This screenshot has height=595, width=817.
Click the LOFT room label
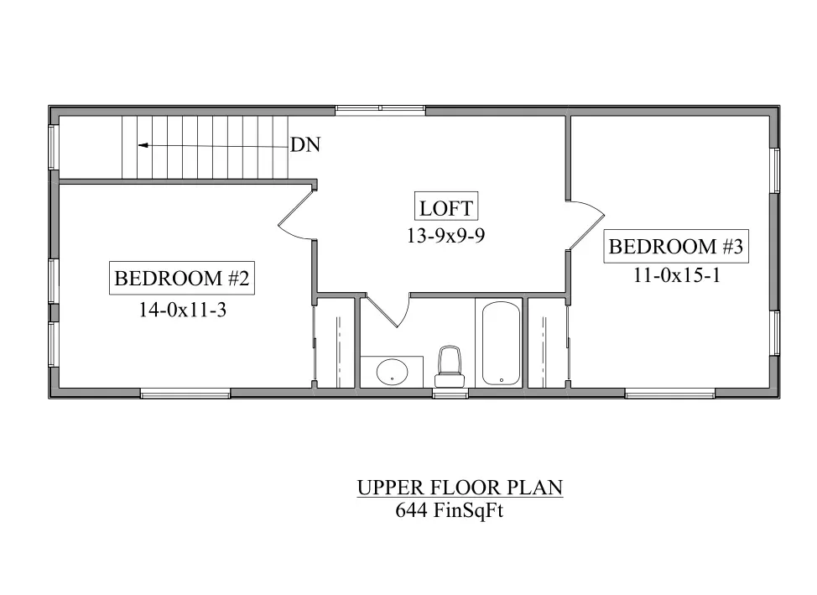click(446, 208)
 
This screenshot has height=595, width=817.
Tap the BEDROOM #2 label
click(182, 278)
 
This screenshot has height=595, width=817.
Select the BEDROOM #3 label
click(676, 246)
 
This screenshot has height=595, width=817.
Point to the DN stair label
click(304, 144)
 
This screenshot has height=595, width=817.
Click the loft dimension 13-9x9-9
click(446, 236)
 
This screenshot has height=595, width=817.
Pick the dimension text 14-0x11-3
click(182, 311)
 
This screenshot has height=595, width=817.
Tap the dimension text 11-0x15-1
click(677, 274)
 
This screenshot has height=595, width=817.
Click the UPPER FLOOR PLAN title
click(460, 487)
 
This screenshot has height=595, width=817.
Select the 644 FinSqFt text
click(449, 510)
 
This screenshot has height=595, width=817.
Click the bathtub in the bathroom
click(501, 343)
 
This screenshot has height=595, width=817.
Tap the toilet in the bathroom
click(449, 366)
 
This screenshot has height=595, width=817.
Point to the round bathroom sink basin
click(392, 372)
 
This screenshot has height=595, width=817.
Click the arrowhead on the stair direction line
click(143, 145)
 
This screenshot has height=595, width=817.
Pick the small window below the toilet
click(450, 394)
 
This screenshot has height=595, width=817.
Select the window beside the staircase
click(53, 147)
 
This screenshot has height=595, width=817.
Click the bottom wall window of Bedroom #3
click(669, 394)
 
